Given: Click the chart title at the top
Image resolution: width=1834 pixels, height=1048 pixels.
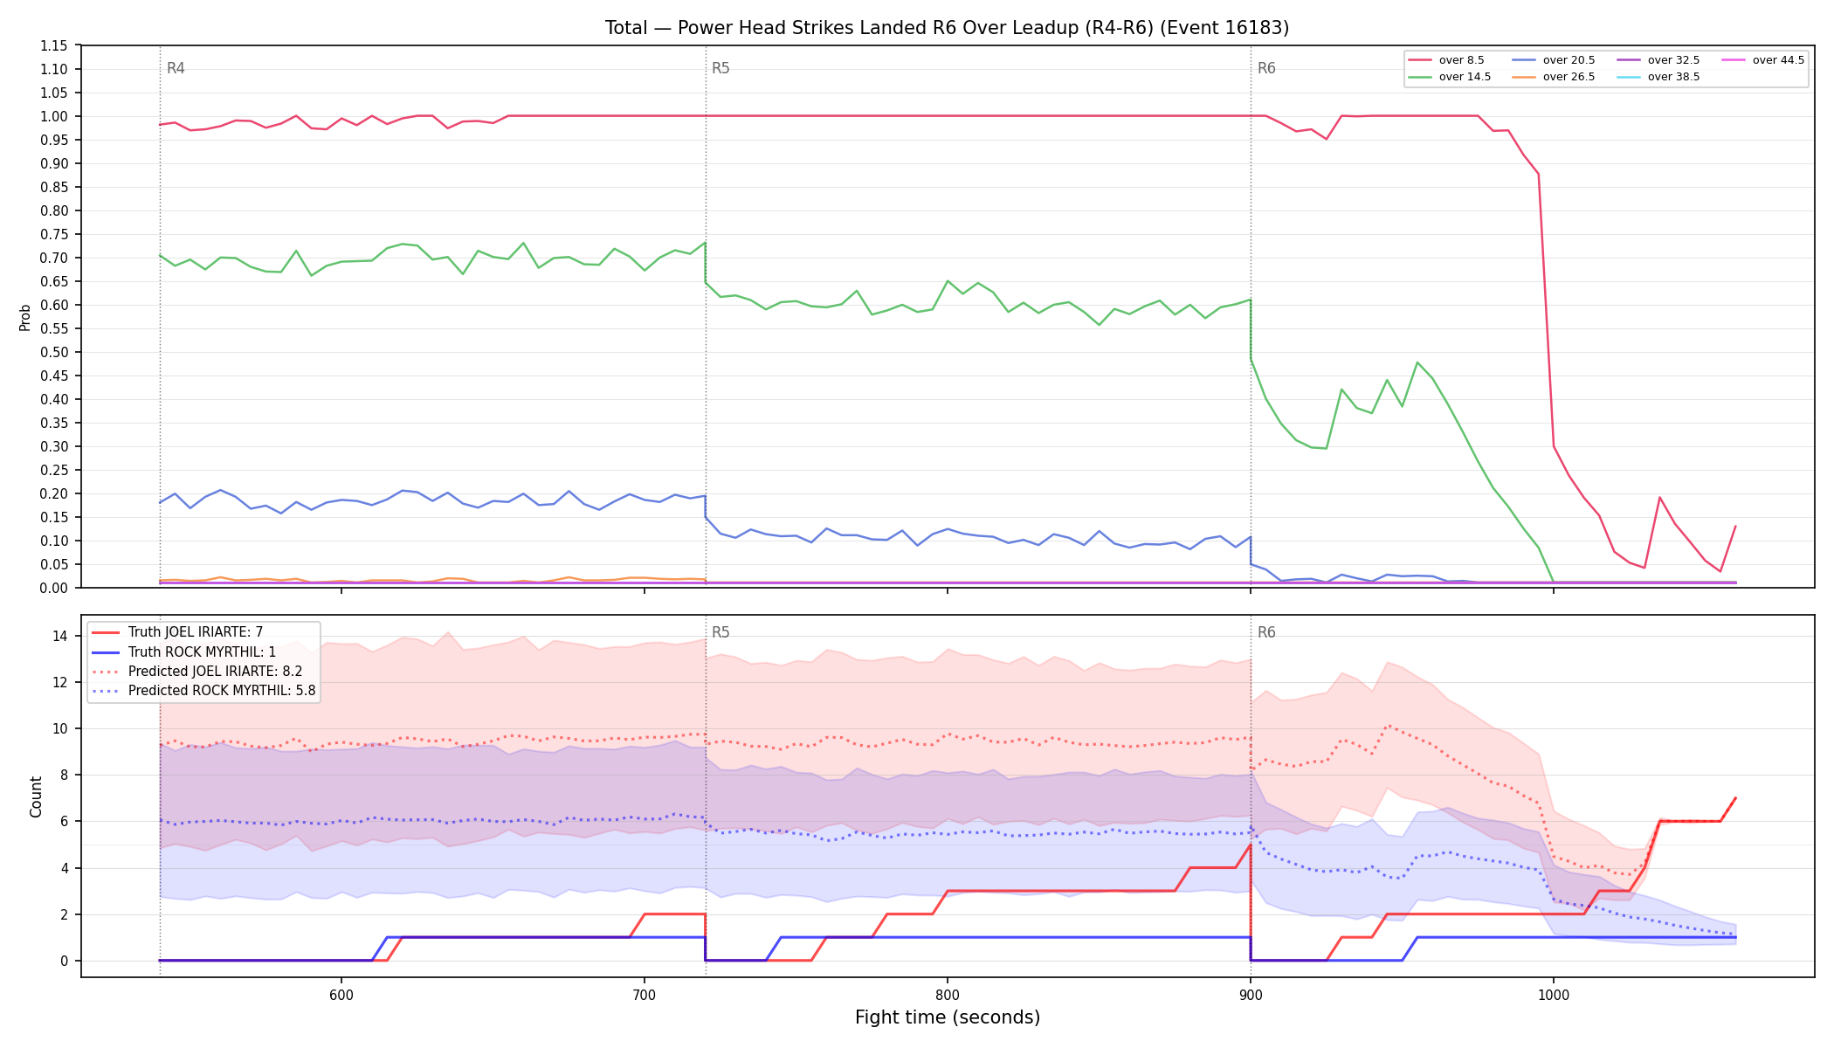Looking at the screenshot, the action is click(x=947, y=28).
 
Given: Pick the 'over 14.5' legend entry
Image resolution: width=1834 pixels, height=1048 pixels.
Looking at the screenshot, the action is click(x=1450, y=77).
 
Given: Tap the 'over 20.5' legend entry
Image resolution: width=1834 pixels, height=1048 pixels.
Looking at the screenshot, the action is click(x=1554, y=60).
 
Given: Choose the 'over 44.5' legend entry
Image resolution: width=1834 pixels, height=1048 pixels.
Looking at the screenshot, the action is click(x=1763, y=60).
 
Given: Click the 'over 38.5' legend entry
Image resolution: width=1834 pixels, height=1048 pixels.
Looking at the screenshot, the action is click(x=1658, y=77).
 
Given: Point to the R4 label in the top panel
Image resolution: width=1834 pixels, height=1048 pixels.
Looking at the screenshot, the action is click(x=176, y=68).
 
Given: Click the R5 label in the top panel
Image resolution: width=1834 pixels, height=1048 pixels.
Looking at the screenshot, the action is click(x=720, y=68).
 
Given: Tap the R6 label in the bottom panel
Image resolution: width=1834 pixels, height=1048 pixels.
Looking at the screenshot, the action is click(x=1266, y=632).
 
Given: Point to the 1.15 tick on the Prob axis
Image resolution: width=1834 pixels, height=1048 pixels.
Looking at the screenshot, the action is click(x=54, y=45).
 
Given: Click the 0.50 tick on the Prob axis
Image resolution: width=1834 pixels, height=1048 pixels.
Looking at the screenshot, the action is click(x=54, y=352).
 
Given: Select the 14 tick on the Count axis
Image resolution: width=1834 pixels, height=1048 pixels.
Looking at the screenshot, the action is click(x=60, y=636).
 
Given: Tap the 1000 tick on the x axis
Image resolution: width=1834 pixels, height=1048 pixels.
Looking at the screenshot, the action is click(x=1554, y=995).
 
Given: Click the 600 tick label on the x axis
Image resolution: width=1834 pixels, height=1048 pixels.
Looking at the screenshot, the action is click(x=341, y=995).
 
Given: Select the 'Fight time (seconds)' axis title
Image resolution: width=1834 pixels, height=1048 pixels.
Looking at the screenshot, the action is click(x=948, y=1017).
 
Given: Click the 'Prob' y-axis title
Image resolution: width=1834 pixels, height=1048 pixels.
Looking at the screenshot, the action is click(x=25, y=317).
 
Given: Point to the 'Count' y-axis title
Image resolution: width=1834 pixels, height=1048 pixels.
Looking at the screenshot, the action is click(x=36, y=796).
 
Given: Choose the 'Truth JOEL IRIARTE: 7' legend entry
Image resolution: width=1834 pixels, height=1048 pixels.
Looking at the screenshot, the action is click(x=196, y=632).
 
